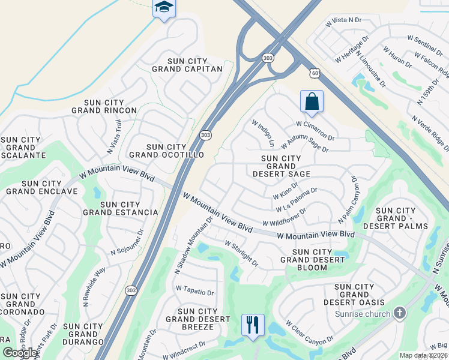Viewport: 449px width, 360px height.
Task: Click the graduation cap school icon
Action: (164, 8)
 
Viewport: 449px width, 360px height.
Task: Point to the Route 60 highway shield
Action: (315, 73)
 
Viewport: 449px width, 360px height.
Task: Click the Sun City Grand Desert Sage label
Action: (281, 166)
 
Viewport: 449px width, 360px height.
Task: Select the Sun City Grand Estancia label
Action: (121, 208)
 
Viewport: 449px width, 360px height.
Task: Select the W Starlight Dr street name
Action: (241, 254)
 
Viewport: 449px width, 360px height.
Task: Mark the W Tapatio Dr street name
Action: (194, 290)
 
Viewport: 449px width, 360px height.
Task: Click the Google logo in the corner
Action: (19, 353)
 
